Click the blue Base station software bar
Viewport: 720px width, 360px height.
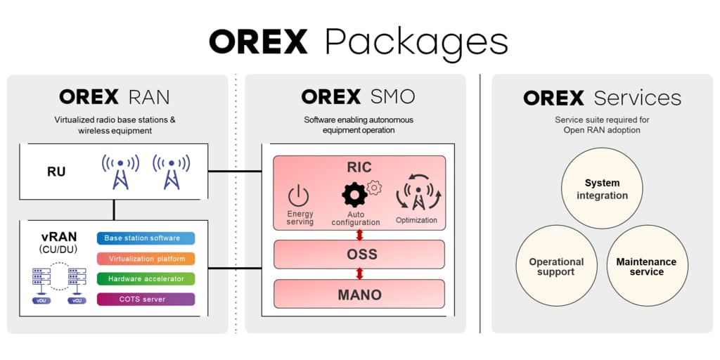coord(146,238)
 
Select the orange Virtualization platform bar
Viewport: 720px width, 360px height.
coord(146,259)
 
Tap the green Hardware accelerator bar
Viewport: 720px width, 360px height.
coord(146,279)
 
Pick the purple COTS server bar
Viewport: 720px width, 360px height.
coord(146,300)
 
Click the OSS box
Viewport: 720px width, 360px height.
coord(359,254)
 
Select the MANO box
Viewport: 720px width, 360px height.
coord(359,294)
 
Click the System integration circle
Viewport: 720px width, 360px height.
coord(602,189)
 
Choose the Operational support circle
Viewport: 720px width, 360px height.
coord(556,266)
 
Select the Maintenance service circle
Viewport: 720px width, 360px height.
coord(646,266)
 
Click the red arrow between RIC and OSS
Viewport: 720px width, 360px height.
coord(359,234)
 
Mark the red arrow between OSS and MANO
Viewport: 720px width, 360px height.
coord(359,274)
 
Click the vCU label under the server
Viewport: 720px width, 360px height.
coord(77,300)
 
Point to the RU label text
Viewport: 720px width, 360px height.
coord(56,171)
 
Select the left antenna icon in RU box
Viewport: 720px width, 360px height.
coord(120,172)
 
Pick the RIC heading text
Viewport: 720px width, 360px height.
coord(359,167)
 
